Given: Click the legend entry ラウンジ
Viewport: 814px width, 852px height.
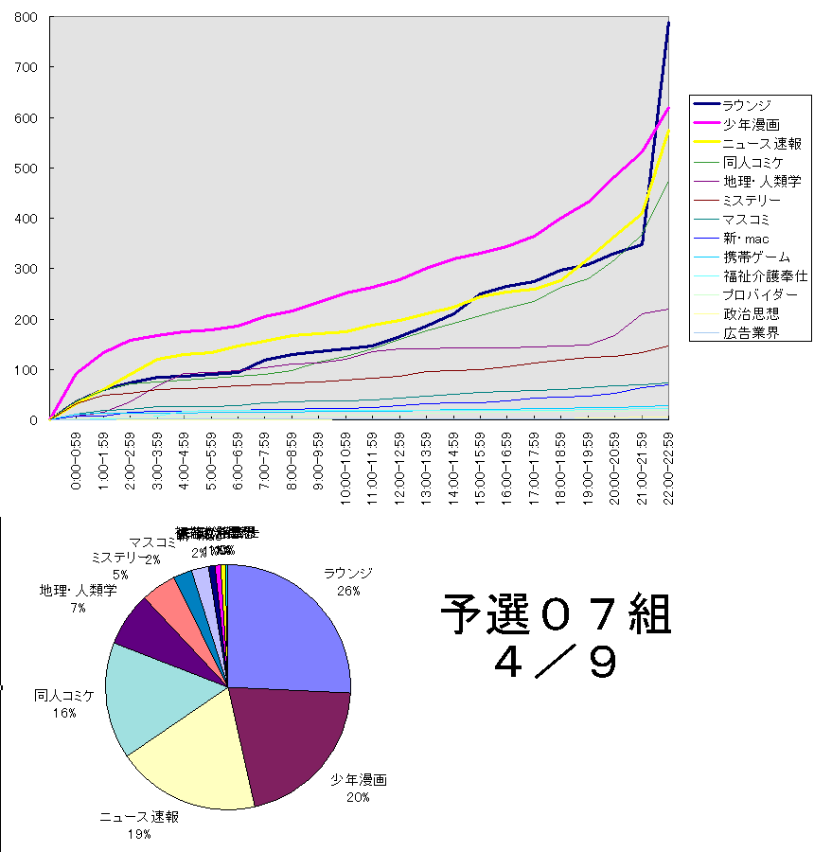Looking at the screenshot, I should click(747, 104).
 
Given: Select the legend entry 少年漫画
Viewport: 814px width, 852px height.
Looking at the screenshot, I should click(747, 123).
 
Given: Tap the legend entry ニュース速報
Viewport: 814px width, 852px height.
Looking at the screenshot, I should click(761, 143).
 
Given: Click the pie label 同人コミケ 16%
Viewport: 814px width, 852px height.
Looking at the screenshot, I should click(64, 703).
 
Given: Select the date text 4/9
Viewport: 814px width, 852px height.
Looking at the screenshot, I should click(556, 663).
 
